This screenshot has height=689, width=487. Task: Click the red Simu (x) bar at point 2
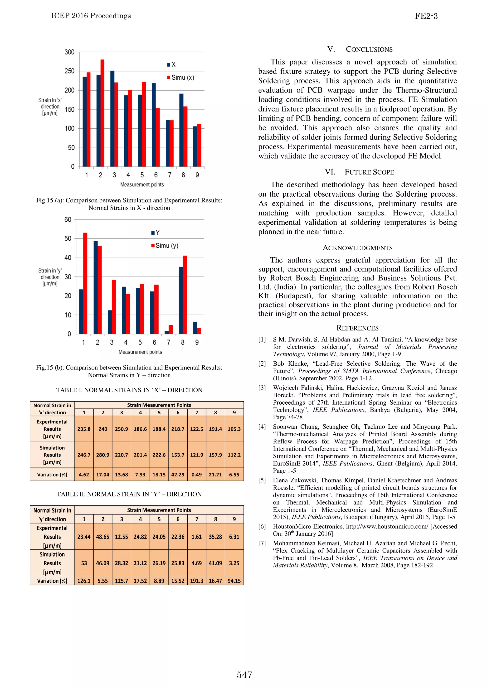click(102, 113)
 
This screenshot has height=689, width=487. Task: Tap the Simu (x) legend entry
click(181, 78)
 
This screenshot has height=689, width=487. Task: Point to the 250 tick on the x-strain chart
click(69, 71)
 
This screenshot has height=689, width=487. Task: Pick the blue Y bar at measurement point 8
click(181, 300)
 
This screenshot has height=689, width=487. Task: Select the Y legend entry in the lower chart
click(156, 233)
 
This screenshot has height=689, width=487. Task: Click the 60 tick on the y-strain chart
click(68, 219)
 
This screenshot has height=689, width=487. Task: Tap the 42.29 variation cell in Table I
click(178, 475)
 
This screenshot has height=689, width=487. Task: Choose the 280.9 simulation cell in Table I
click(103, 455)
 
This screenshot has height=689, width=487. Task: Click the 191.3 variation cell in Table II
click(197, 581)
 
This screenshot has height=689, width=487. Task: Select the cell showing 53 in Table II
click(84, 563)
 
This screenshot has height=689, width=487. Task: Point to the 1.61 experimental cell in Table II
click(197, 537)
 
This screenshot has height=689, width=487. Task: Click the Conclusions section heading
click(360, 49)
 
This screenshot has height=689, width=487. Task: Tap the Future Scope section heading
click(360, 172)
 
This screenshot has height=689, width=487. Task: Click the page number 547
click(244, 675)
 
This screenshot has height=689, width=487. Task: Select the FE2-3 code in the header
click(426, 16)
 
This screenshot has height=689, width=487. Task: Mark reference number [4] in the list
click(262, 427)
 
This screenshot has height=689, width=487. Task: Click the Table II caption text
click(129, 494)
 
